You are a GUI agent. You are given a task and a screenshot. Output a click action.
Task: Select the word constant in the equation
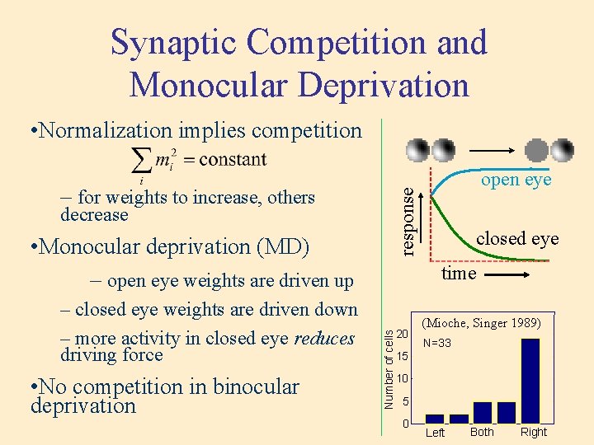[233, 159]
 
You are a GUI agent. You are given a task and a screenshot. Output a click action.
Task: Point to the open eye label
[516, 180]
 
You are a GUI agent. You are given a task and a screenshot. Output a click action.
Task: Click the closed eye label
[517, 238]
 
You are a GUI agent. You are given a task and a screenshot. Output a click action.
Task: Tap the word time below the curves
[459, 274]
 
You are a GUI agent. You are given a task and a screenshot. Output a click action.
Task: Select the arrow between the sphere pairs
[493, 151]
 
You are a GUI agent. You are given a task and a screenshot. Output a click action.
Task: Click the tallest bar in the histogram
[530, 380]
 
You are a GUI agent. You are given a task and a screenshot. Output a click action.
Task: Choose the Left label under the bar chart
[435, 433]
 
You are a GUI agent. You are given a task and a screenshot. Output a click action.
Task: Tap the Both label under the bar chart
[482, 432]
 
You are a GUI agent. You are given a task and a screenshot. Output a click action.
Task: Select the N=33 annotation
[437, 343]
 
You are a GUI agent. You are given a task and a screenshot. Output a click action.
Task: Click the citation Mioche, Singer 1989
[481, 323]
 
